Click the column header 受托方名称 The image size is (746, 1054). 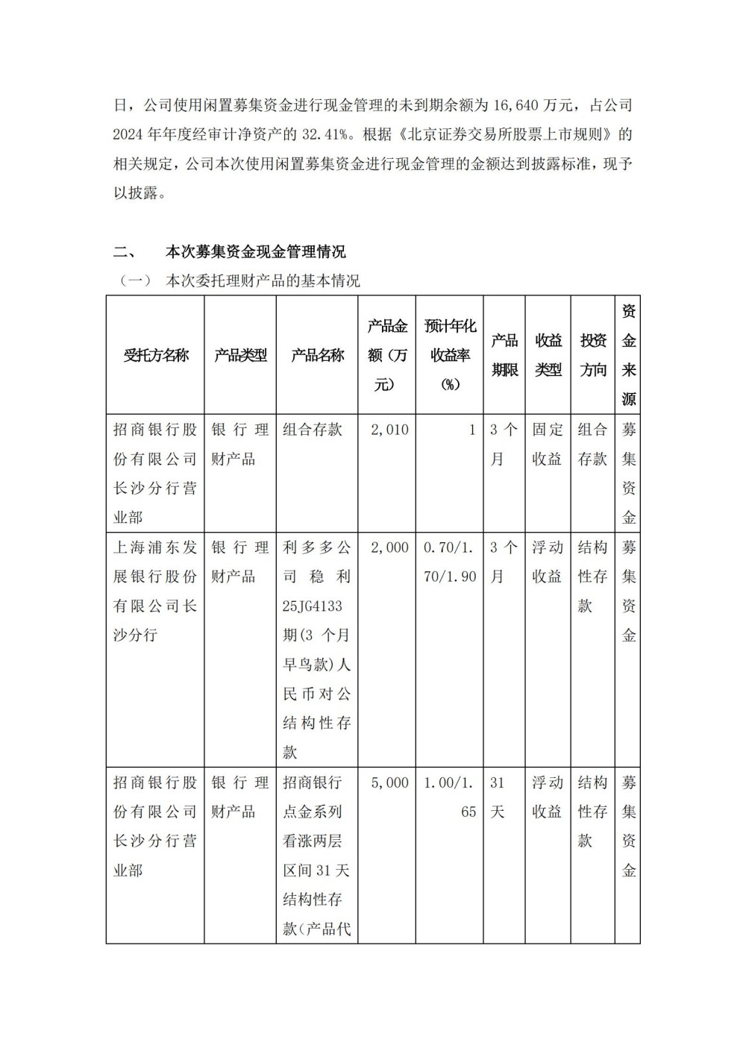click(156, 355)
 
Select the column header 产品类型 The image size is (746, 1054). click(240, 355)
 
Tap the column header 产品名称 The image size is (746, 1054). click(317, 355)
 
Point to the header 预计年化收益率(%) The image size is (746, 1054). click(450, 355)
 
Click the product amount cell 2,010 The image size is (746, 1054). click(389, 430)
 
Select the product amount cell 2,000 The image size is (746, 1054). click(389, 548)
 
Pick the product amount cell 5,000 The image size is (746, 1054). click(389, 782)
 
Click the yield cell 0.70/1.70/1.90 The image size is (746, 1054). click(450, 562)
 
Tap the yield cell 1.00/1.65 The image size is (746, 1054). click(450, 797)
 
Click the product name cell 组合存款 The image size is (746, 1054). click(313, 430)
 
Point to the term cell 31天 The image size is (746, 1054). click(498, 797)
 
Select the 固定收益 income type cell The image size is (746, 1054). click(548, 444)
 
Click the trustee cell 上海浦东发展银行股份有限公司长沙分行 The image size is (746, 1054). click(155, 591)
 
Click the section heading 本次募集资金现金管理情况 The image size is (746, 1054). click(255, 251)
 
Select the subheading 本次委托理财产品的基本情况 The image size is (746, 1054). click(263, 281)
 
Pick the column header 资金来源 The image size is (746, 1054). click(629, 355)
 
